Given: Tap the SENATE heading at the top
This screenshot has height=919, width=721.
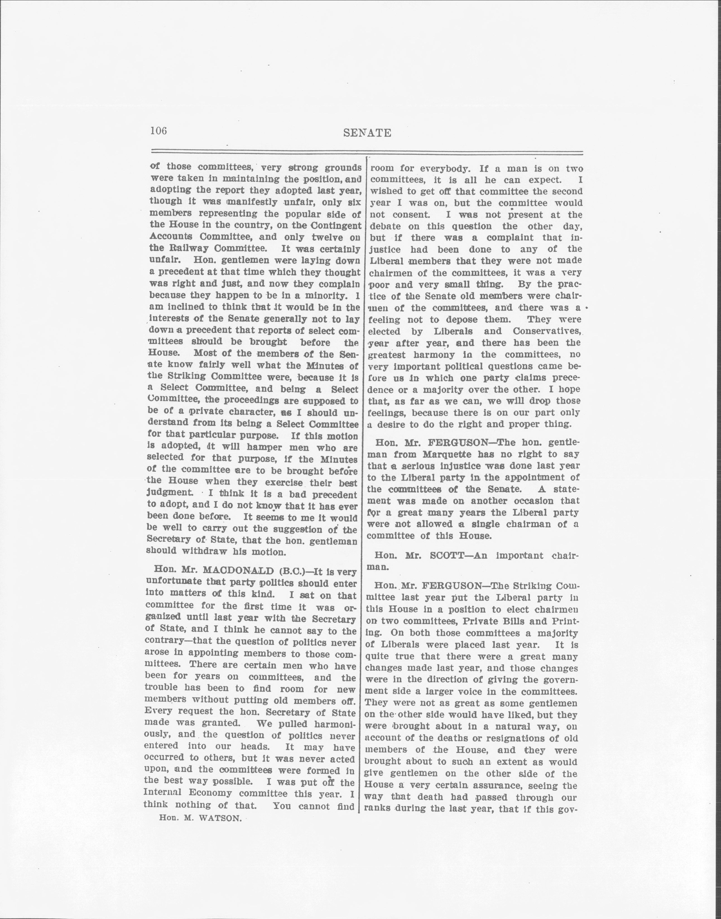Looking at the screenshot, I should pyautogui.click(x=367, y=133).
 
